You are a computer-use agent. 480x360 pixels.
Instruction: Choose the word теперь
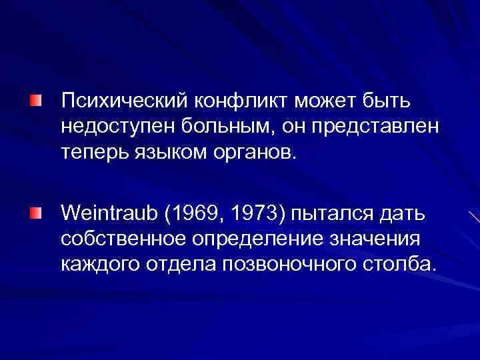96,154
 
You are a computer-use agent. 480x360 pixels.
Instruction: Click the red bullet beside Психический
35,101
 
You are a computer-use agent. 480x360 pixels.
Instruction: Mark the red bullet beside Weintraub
35,213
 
